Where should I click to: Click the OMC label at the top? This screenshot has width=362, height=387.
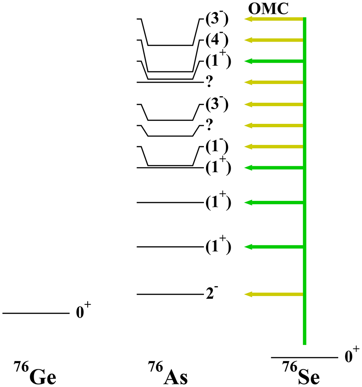(268, 9)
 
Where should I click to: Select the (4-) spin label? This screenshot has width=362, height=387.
(217, 40)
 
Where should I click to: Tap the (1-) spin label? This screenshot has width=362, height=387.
(217, 147)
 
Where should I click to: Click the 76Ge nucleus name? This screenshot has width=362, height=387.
(35, 373)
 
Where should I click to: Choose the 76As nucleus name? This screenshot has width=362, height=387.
(168, 373)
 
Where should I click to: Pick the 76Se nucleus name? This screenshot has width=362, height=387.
(301, 373)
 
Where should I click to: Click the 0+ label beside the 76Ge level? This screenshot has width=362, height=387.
(83, 311)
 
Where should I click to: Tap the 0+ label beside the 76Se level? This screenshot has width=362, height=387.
(352, 355)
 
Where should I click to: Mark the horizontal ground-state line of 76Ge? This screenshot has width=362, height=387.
(36, 313)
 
